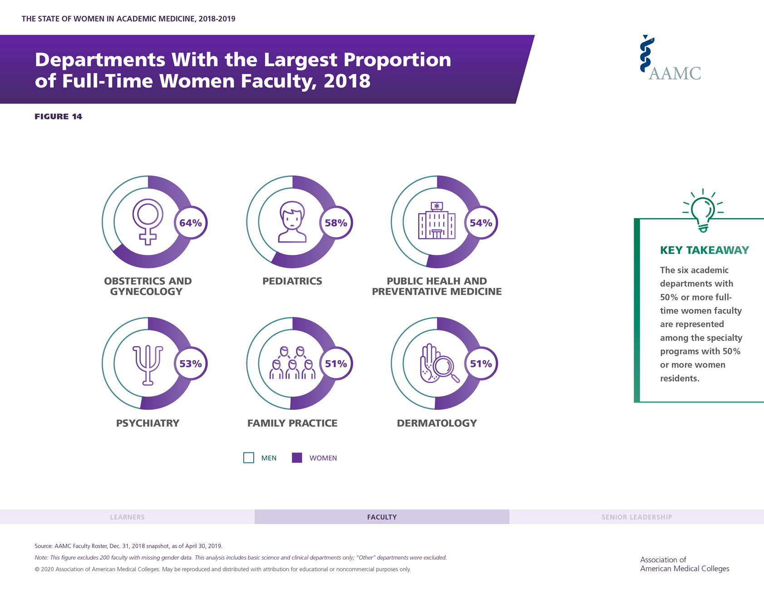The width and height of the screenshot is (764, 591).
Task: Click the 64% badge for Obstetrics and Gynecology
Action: coord(191,223)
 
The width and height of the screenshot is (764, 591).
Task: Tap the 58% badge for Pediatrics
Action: coord(336,223)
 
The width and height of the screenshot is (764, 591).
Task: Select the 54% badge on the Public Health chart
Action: coord(481,223)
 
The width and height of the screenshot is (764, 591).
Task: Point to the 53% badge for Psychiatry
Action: coord(191,363)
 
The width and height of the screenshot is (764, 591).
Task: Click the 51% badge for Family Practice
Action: coord(336,363)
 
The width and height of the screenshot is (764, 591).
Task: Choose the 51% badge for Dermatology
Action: coord(481,363)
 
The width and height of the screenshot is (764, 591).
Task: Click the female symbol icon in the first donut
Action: coord(148,222)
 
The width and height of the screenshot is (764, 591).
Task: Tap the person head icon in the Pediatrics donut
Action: coord(292,222)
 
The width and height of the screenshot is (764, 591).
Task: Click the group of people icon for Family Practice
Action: coord(292,363)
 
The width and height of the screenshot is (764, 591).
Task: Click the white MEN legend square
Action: coord(249,457)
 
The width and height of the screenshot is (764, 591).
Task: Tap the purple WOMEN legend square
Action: coord(297,457)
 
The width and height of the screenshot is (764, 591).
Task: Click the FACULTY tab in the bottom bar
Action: coord(382,517)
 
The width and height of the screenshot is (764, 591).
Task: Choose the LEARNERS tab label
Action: coord(127,517)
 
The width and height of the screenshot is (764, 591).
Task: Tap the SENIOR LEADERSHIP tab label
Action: coord(636,517)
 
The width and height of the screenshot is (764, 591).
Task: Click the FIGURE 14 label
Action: coord(59,117)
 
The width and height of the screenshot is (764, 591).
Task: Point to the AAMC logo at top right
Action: coord(670,59)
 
